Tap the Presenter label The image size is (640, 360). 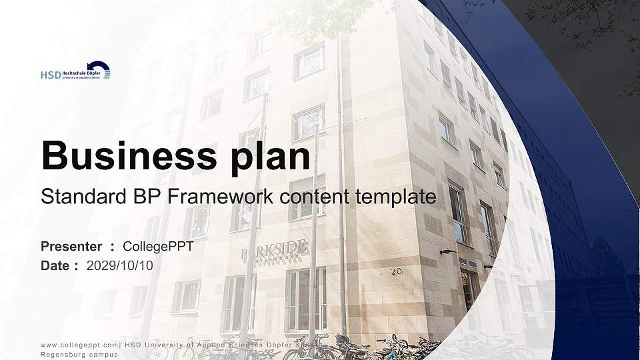coord(71,247)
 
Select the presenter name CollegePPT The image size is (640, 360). coord(159,247)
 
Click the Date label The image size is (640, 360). coord(55,265)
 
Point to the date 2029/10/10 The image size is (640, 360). coord(120,265)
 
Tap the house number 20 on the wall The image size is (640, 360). coord(397,271)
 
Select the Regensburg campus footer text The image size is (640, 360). coord(79,355)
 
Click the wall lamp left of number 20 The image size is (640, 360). coord(447,252)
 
